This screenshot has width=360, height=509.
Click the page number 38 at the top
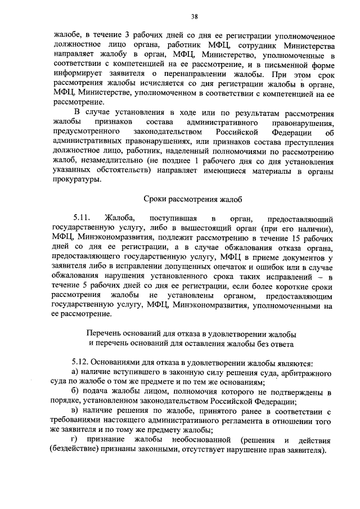tap(194, 16)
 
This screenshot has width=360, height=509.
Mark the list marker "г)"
tap(75, 439)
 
